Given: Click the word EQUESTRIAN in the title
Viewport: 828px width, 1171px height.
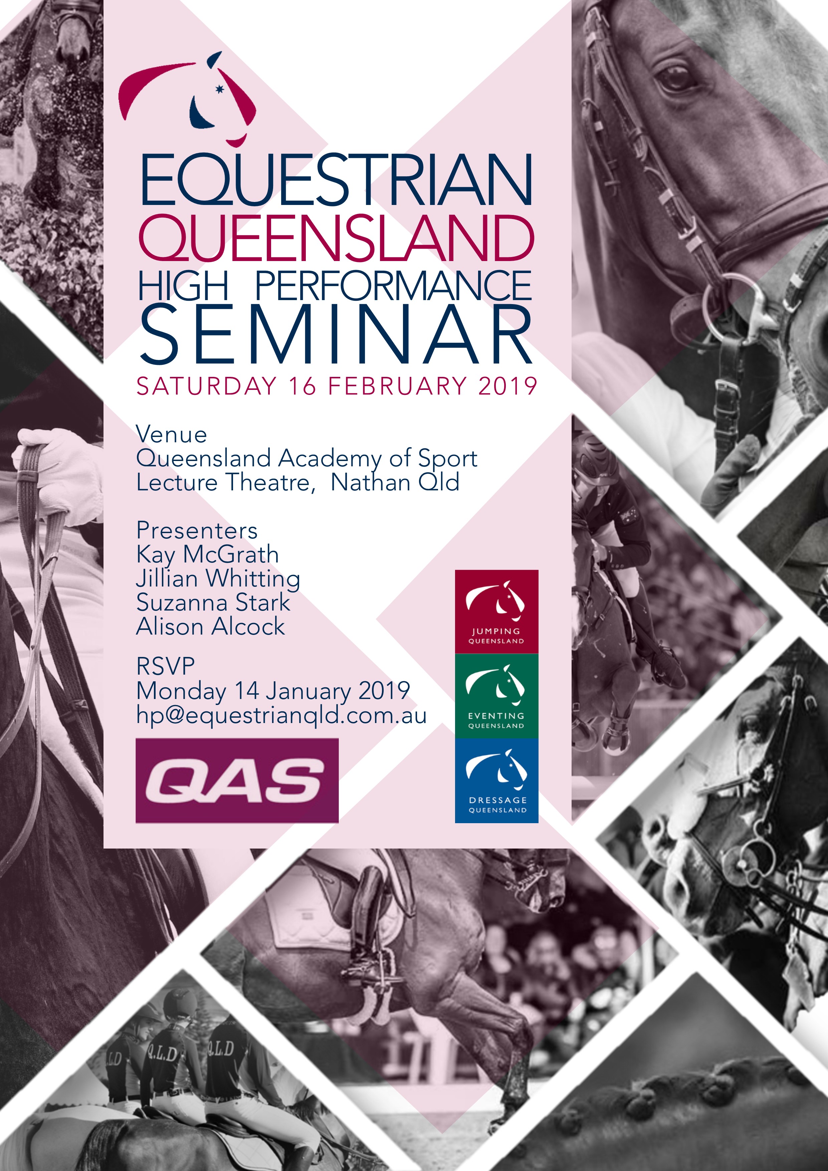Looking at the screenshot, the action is [336, 180].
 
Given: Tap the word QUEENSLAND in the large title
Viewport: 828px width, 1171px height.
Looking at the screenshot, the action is [336, 238].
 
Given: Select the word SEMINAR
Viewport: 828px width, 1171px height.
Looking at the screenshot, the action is [336, 334].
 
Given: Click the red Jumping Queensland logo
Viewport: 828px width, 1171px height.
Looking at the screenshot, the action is [496, 612].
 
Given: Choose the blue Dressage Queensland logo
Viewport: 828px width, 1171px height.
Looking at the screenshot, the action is [496, 780].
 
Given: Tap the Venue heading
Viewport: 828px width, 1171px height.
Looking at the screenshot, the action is [171, 435].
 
